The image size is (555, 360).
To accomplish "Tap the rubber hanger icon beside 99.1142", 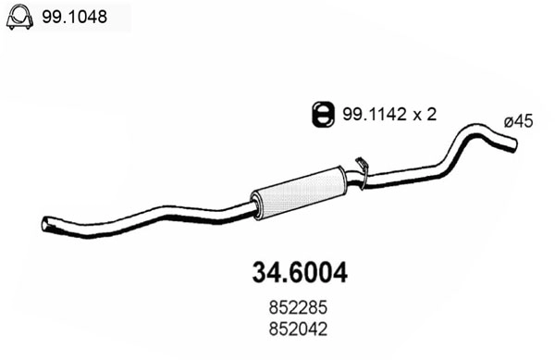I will click(321, 114).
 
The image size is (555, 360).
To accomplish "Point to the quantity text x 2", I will click(425, 114).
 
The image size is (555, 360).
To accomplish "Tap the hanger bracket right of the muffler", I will click(364, 172).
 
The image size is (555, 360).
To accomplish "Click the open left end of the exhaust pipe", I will click(47, 223).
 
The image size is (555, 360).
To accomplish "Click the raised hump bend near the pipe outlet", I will click(473, 129).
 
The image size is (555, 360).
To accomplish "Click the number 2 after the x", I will click(431, 114).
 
